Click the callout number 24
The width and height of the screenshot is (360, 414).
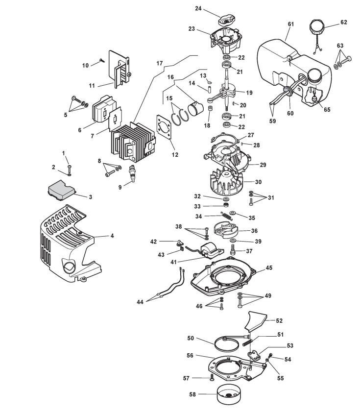click(x=198, y=8)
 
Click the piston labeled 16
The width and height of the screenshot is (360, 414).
click(x=195, y=109)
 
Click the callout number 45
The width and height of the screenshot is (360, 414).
click(x=269, y=268)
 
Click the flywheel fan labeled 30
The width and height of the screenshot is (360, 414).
click(x=227, y=182)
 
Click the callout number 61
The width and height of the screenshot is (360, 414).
click(x=290, y=24)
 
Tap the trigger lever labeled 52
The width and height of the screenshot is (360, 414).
click(x=255, y=320)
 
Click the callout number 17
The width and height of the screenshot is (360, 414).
click(x=159, y=63)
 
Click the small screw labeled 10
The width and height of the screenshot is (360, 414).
click(x=102, y=60)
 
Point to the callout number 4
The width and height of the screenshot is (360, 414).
click(x=112, y=236)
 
